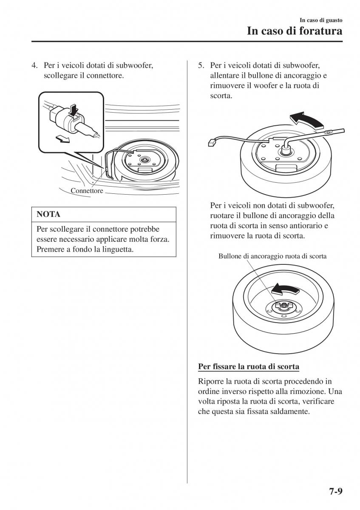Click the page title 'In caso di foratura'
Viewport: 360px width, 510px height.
[x=295, y=31]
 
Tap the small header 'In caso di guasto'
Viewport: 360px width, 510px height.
[x=321, y=20]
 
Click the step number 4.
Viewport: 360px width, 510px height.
[x=34, y=65]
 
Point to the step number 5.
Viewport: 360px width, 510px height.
[x=201, y=65]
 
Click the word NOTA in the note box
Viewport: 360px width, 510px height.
[x=48, y=214]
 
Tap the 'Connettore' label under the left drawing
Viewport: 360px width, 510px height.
[x=87, y=190]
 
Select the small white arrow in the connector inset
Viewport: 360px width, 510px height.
[x=62, y=139]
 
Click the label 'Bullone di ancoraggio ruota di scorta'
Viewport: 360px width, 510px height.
[x=272, y=256]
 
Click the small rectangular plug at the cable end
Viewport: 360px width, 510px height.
[x=211, y=143]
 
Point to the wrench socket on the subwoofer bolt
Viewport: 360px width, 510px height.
[x=286, y=150]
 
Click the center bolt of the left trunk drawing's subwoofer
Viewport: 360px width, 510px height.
[x=144, y=160]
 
